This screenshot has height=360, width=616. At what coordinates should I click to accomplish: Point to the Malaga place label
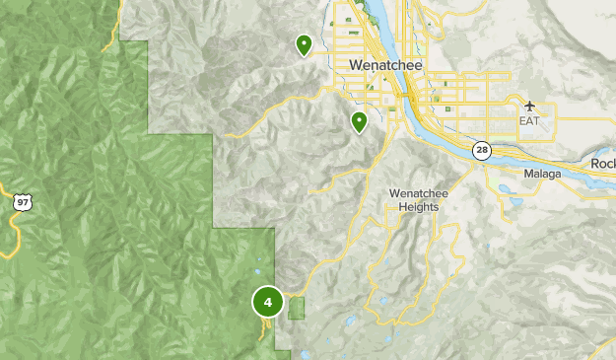[541, 174]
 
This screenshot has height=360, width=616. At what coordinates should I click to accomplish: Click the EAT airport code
[530, 120]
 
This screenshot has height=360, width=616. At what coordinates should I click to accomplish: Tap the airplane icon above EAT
[531, 106]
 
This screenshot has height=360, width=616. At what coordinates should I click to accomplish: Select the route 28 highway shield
[481, 151]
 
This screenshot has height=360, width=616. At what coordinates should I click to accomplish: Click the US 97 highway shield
[22, 201]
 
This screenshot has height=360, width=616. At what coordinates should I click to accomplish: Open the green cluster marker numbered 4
[267, 301]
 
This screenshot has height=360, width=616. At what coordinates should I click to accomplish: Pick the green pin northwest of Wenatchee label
[304, 44]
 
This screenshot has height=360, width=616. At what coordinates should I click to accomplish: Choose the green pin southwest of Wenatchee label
[360, 122]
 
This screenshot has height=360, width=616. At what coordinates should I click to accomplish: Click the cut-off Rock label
[603, 164]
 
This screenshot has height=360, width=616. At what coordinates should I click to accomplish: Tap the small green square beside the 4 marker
[297, 308]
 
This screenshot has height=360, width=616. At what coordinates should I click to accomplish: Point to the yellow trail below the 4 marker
[264, 329]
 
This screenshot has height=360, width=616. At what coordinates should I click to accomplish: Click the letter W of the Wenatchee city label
[356, 64]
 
